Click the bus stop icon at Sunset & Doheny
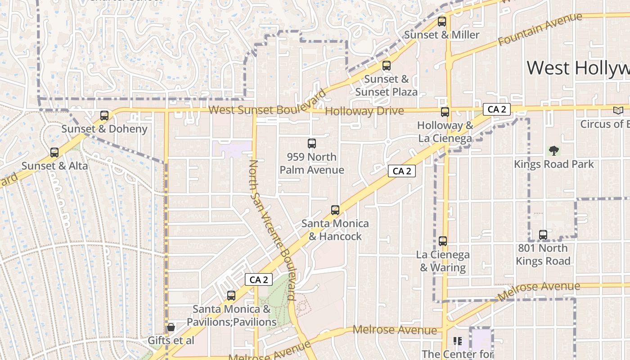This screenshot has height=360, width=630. [104, 116]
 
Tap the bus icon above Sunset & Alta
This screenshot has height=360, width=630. [54, 153]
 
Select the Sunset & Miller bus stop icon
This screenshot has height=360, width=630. [442, 21]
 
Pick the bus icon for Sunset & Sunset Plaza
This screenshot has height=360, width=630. [387, 66]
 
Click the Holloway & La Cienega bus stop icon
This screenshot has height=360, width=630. [445, 112]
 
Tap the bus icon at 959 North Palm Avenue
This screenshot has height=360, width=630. [312, 144]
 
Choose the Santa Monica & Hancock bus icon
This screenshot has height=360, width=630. [335, 210]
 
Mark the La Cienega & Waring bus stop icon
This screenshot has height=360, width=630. [443, 241]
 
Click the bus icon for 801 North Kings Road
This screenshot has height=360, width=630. [543, 234]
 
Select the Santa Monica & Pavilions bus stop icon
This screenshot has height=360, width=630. [231, 296]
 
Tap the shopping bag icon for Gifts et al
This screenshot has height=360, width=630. [171, 327]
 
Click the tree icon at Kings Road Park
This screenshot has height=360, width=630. [553, 151]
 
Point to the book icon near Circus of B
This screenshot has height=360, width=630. [618, 110]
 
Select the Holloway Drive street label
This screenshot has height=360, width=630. [364, 111]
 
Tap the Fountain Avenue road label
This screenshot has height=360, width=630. [540, 29]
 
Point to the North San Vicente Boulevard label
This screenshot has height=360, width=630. [272, 229]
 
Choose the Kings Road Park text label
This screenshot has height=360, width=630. [554, 164]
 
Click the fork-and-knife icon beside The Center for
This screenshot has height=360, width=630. [458, 341]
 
